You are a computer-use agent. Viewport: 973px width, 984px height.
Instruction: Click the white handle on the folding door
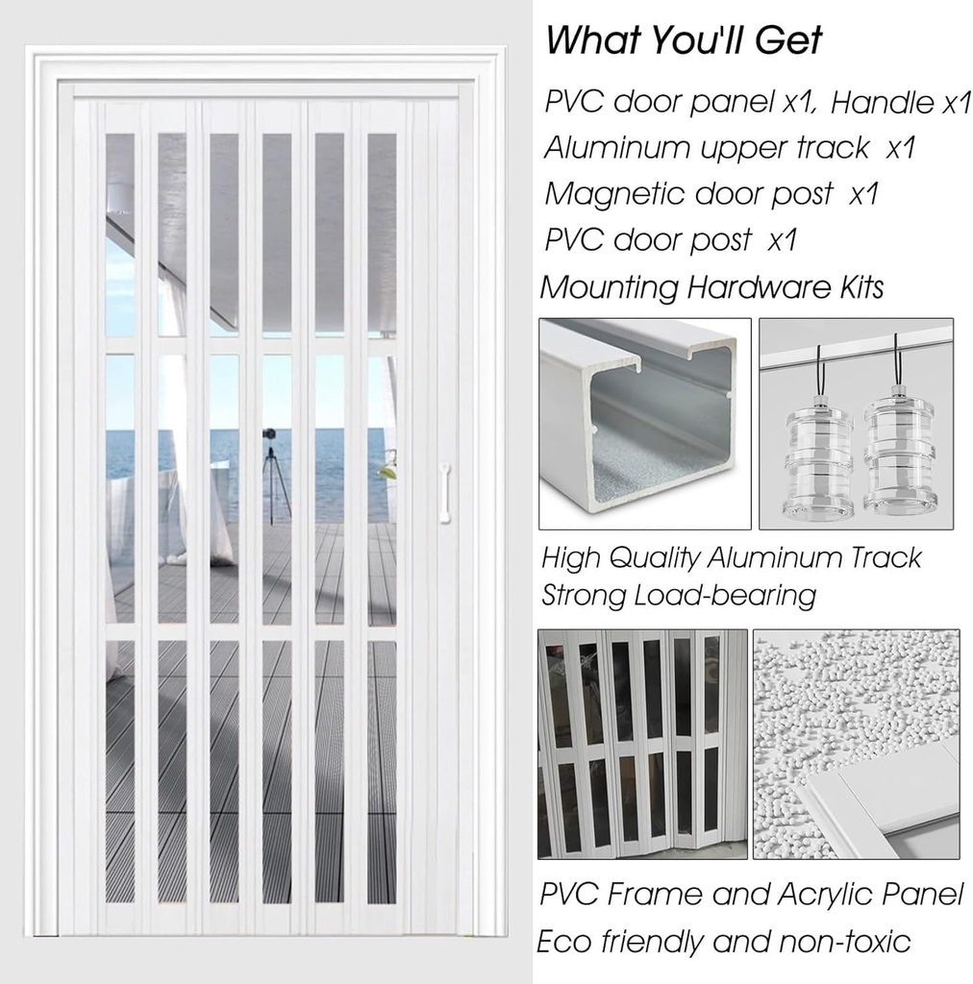click(x=444, y=493)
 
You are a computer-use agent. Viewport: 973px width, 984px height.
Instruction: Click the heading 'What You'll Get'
click(x=684, y=40)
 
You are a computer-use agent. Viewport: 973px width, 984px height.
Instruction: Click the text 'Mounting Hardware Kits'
click(x=711, y=286)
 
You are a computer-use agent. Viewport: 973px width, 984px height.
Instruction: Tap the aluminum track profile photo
click(x=644, y=423)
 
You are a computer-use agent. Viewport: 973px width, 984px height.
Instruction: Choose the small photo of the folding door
click(x=642, y=743)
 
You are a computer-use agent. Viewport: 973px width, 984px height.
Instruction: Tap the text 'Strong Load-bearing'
click(x=678, y=595)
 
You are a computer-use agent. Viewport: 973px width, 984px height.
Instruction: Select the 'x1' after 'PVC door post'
click(x=783, y=239)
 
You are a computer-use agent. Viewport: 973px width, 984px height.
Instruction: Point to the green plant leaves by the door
click(x=387, y=469)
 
